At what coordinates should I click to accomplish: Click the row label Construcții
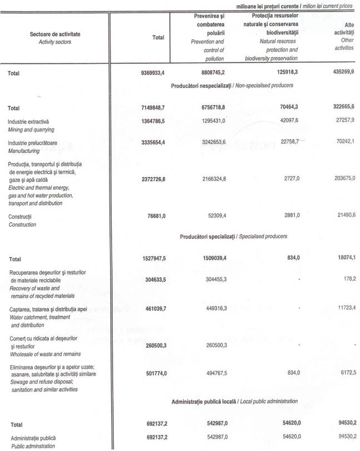pos(19,217)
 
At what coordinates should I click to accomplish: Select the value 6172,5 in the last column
pos(346,372)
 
